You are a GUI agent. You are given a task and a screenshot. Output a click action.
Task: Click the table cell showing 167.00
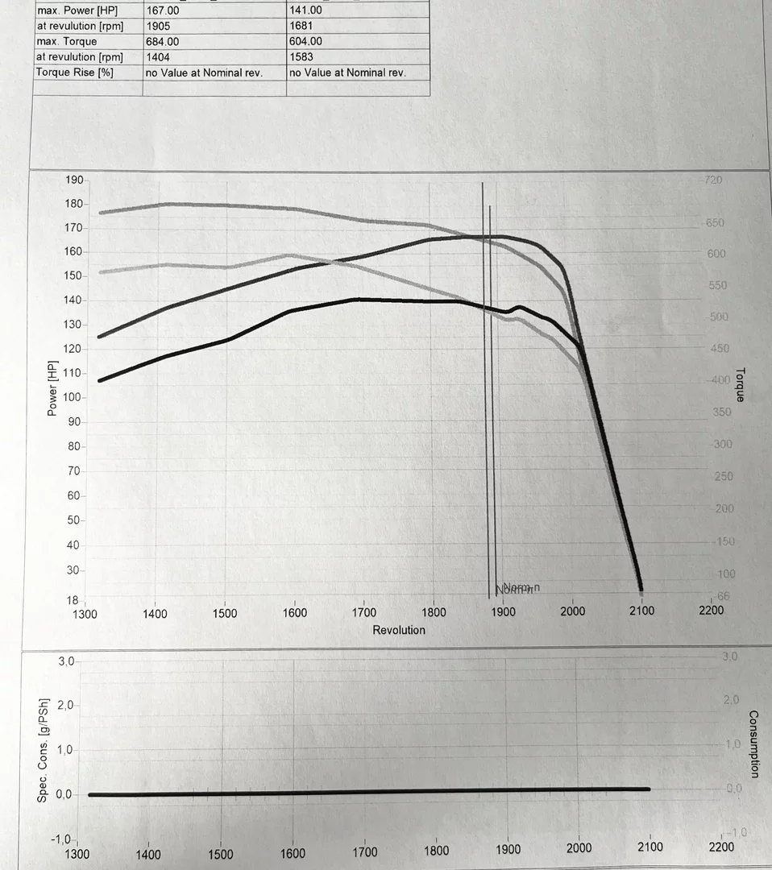click(x=162, y=10)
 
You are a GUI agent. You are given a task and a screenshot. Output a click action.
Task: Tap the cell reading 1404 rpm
click(x=157, y=56)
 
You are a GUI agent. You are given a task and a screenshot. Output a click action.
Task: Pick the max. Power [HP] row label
click(x=77, y=10)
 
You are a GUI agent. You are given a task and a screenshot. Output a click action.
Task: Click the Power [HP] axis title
click(x=52, y=388)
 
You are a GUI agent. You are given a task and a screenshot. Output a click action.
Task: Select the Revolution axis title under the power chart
click(x=398, y=630)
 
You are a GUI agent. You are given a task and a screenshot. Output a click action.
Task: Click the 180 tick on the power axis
click(x=73, y=204)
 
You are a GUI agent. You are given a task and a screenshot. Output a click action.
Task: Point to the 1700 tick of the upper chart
click(x=363, y=612)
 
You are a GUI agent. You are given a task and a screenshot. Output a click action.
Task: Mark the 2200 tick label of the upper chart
click(x=711, y=611)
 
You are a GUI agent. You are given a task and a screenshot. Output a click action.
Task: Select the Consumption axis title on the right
click(x=753, y=744)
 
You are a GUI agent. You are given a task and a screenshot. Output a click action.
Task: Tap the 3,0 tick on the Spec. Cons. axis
click(x=65, y=661)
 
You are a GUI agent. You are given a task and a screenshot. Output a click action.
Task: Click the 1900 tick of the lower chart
click(x=507, y=849)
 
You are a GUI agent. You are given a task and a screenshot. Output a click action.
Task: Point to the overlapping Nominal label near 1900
click(x=517, y=588)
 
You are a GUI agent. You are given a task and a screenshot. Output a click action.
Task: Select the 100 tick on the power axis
click(x=73, y=397)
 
